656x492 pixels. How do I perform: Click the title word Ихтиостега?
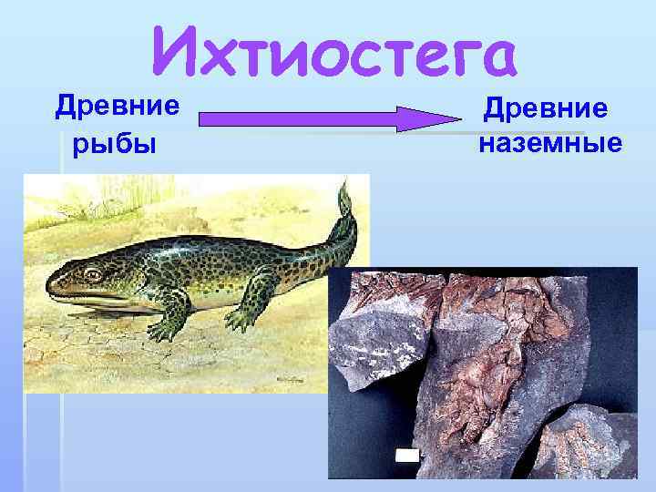pyautogui.click(x=333, y=51)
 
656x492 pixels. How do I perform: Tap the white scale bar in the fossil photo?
pyautogui.click(x=407, y=455)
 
